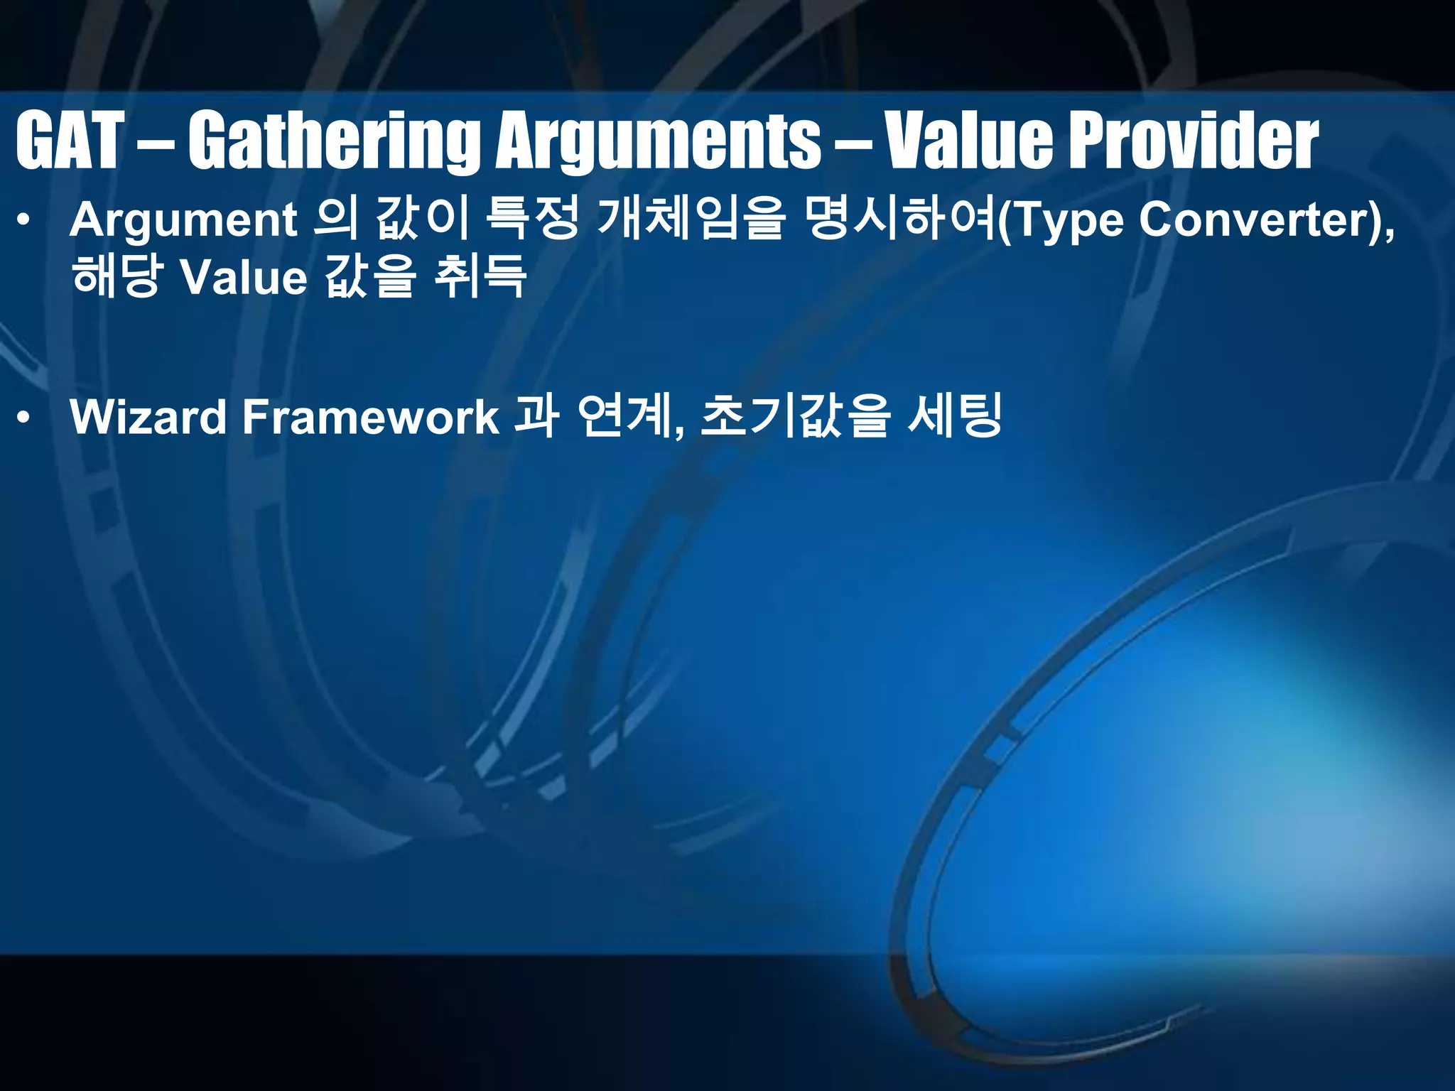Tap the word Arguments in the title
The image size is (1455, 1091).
657,142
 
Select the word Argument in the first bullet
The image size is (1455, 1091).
183,220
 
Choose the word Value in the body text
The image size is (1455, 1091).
244,277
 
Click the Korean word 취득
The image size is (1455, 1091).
480,277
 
